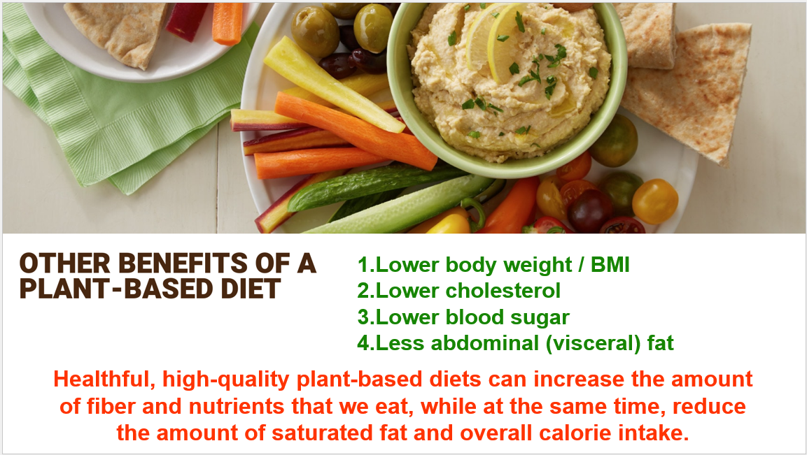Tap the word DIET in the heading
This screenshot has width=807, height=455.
tap(251, 289)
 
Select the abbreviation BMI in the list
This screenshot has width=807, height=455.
tap(610, 265)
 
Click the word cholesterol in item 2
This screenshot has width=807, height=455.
tap(503, 291)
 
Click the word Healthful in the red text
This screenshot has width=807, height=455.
tap(104, 379)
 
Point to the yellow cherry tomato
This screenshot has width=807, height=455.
tap(654, 201)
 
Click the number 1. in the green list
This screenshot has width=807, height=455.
tap(366, 265)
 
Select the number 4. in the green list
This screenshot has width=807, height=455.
tap(366, 343)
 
